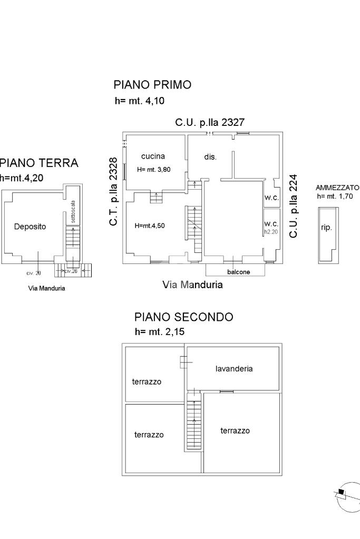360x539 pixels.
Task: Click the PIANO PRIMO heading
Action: click(x=152, y=84)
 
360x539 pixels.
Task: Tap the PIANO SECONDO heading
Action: click(x=183, y=317)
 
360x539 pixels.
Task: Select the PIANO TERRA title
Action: click(x=38, y=163)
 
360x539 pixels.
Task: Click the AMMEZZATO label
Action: click(x=337, y=188)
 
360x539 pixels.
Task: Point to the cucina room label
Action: click(x=153, y=156)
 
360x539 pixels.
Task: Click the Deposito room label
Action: click(x=30, y=227)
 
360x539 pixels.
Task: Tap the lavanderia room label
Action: click(x=234, y=369)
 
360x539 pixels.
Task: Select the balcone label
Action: click(x=238, y=272)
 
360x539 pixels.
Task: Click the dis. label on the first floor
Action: click(x=210, y=156)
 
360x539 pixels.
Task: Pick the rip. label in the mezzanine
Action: click(x=327, y=229)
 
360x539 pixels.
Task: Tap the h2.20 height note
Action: click(x=270, y=231)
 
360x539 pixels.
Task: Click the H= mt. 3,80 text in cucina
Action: click(x=154, y=169)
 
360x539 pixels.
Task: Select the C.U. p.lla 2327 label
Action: click(x=210, y=123)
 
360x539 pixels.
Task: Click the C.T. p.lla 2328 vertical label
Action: click(x=113, y=191)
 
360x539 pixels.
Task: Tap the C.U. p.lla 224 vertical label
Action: click(x=294, y=206)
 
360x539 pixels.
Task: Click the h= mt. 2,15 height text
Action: click(x=160, y=332)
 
